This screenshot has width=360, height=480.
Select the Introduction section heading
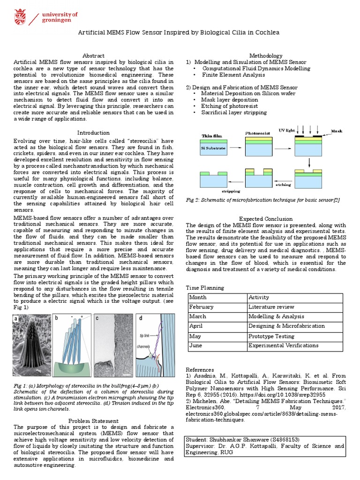93,133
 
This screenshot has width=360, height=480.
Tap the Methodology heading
265,56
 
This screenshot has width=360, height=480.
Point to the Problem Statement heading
93,421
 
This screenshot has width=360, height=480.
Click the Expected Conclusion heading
266,219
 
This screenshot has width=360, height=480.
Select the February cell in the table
201,307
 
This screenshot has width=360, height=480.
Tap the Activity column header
259,297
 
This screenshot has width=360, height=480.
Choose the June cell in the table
195,346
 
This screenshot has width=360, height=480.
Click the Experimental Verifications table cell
283,346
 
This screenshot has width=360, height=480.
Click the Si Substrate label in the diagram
214,148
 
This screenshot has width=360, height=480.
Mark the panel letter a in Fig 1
17,319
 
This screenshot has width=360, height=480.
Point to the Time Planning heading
205,287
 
